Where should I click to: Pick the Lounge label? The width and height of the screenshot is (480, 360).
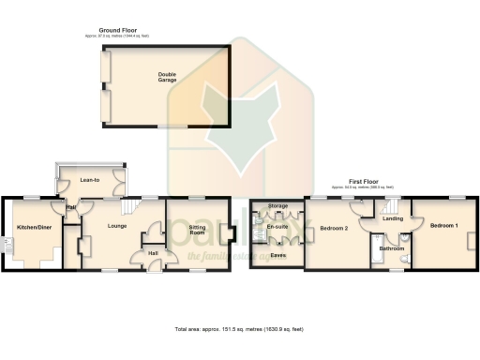117,226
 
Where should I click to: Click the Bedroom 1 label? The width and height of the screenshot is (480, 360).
444,226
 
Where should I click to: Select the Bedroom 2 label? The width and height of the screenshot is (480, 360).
334,228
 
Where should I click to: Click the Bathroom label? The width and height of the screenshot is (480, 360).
392,248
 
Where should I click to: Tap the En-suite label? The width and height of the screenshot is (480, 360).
277,227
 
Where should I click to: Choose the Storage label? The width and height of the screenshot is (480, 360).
277,204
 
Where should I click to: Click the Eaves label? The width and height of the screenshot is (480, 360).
277,254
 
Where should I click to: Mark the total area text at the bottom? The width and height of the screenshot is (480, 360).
239,330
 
